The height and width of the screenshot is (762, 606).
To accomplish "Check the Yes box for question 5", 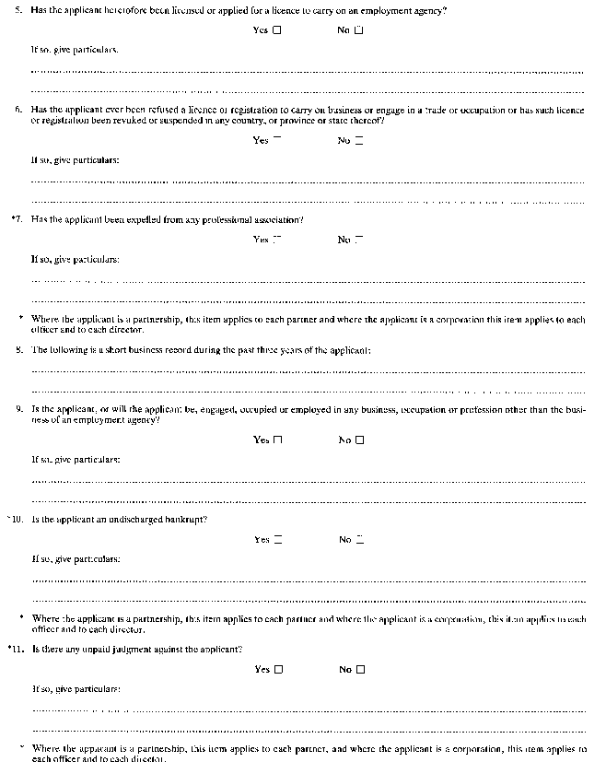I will (277, 30).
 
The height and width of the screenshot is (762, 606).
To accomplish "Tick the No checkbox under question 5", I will (359, 30).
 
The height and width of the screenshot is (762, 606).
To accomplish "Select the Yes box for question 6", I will (277, 140).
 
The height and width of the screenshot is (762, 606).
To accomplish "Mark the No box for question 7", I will (359, 240).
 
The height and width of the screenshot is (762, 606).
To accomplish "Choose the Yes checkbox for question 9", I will (277, 440).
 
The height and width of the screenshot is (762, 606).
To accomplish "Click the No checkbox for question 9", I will (359, 440).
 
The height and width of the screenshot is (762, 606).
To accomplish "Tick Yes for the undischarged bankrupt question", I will (277, 539).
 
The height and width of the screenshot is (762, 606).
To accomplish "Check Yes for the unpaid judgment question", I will (277, 670).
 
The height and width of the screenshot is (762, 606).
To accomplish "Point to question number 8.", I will (18, 350).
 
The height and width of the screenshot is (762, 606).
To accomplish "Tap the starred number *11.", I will (16, 650).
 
